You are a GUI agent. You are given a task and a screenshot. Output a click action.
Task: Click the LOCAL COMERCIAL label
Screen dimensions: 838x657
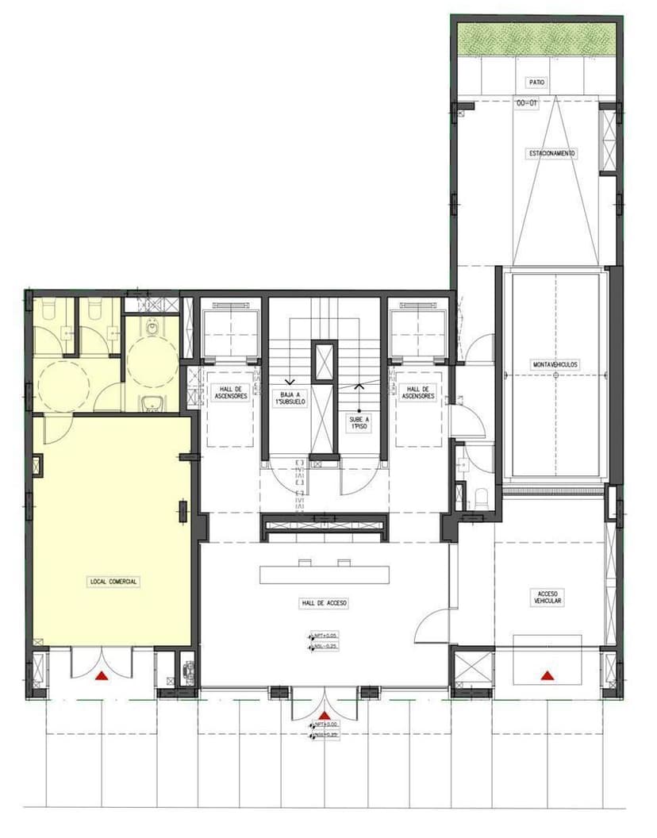(113, 582)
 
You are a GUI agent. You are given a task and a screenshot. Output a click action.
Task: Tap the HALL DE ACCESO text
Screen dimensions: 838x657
(325, 604)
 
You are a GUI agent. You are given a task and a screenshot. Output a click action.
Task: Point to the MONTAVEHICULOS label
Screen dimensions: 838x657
(555, 365)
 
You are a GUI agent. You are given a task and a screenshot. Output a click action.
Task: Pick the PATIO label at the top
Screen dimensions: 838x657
(537, 83)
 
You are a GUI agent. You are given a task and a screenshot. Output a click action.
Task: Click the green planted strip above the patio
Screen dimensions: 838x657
(536, 38)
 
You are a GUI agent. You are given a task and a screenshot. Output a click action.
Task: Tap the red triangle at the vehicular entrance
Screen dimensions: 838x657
(547, 675)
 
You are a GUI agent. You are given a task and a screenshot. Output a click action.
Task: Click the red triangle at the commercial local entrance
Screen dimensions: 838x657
(102, 676)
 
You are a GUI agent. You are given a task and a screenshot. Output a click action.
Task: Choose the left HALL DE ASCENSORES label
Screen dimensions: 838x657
(230, 392)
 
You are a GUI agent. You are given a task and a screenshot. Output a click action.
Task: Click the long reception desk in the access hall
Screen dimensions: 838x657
(325, 574)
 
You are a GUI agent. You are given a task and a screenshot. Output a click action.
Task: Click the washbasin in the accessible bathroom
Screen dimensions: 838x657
(152, 405)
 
